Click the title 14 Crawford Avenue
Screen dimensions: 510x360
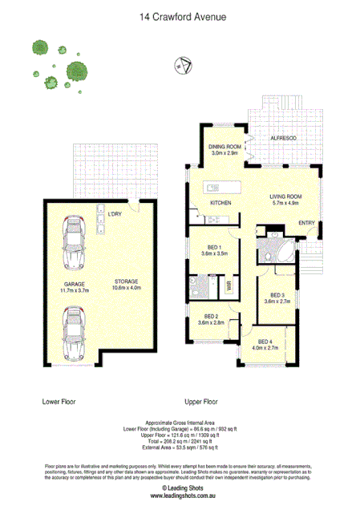point(180,15)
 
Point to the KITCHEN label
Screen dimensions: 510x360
point(220,203)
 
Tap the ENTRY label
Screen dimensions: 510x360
point(306,222)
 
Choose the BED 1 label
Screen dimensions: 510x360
point(213,246)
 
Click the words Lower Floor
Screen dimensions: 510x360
point(59,399)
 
